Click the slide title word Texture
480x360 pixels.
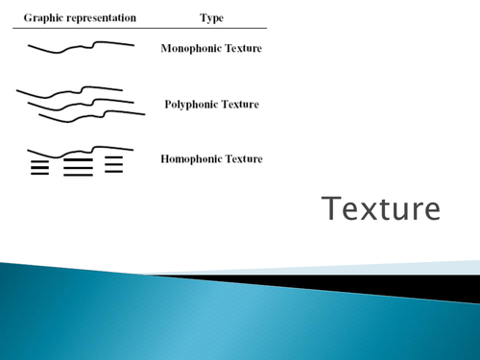coord(381,208)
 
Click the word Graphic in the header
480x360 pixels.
coord(42,17)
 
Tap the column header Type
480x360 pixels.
coord(211,17)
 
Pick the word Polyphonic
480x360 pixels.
coord(192,104)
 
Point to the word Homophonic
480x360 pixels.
coord(194,158)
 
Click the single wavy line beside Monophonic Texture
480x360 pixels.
coord(77,47)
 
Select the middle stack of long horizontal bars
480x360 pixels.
coord(78,167)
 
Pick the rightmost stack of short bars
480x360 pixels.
coord(114,164)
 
